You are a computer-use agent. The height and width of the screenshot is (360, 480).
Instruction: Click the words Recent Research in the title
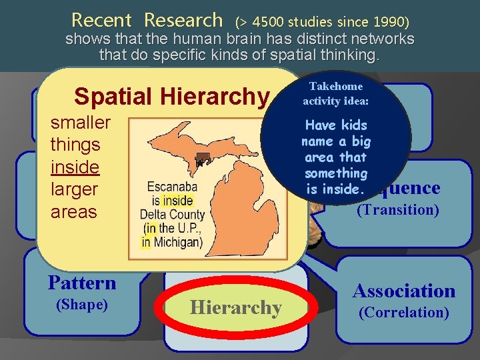(147, 20)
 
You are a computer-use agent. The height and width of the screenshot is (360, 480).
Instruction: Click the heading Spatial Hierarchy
(171, 97)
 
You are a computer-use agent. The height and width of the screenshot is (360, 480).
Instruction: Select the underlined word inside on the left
(74, 167)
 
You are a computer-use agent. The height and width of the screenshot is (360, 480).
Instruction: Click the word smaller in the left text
(81, 123)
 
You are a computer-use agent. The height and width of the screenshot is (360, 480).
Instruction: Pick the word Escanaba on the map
(169, 188)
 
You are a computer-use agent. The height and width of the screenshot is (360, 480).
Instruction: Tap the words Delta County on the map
(169, 214)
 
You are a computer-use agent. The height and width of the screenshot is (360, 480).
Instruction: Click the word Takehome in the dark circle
(336, 87)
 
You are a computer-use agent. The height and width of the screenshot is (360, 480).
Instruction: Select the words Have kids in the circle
(336, 125)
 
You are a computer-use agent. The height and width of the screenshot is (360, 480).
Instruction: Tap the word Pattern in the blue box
(82, 283)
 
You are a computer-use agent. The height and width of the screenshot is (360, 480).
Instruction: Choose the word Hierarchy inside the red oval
(235, 308)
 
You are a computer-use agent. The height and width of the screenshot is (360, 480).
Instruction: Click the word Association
(403, 291)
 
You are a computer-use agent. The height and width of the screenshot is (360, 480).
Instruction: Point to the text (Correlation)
(403, 312)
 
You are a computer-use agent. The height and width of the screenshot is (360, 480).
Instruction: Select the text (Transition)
(398, 210)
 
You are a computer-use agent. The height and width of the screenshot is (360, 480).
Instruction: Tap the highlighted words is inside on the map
(172, 201)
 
